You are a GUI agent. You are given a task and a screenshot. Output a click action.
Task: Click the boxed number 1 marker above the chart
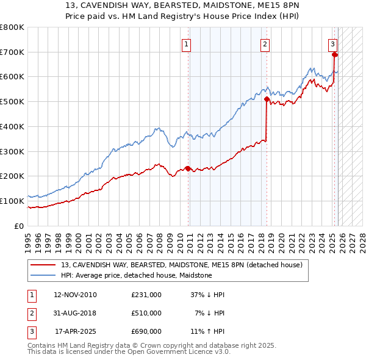coord(185,44)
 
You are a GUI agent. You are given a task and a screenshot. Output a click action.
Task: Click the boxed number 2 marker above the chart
coord(265,44)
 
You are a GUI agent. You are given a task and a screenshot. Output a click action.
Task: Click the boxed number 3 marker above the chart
coord(332,44)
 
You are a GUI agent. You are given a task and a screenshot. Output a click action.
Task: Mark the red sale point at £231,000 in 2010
coord(188,168)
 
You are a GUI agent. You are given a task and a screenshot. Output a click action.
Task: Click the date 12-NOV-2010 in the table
coord(75,295)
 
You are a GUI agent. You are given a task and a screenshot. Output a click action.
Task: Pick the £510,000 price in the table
coord(146,313)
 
